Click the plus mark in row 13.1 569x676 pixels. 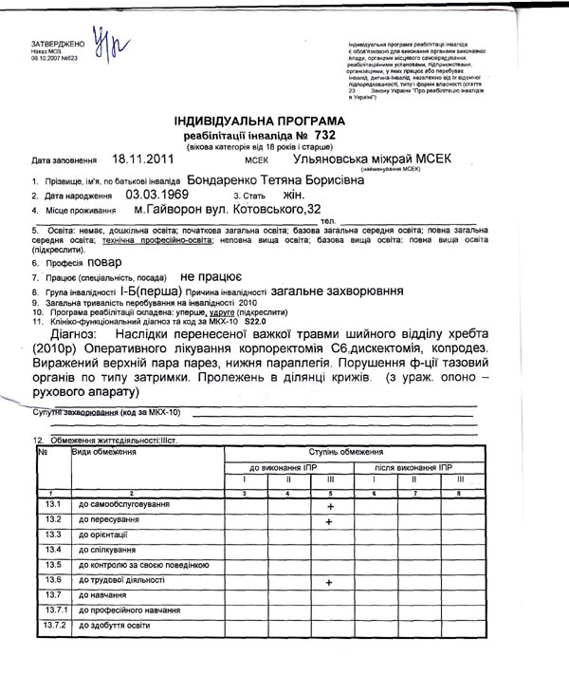click(329, 507)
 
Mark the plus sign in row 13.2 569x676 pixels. click(329, 521)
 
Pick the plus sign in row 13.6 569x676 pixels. click(329, 581)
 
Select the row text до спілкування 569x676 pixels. click(108, 550)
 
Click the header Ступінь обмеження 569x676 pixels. click(352, 453)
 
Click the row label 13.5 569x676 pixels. click(52, 565)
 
